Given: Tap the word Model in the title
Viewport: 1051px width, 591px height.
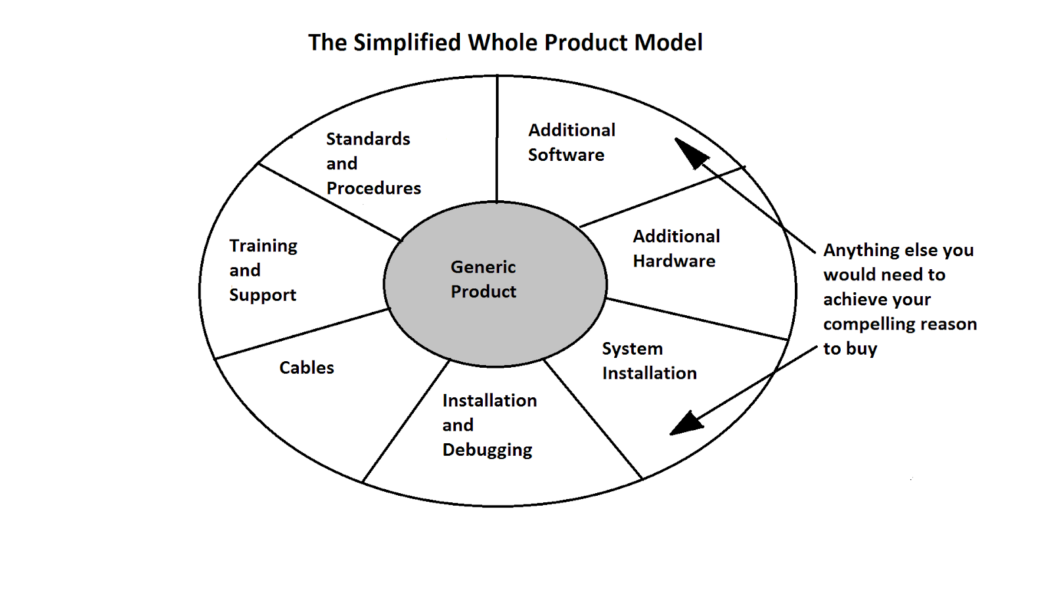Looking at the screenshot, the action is [668, 42].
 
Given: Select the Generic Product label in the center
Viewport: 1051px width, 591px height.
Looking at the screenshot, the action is [483, 280].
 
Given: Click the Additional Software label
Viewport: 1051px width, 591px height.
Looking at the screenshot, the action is [571, 142].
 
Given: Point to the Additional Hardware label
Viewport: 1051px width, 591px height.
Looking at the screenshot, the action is [676, 249].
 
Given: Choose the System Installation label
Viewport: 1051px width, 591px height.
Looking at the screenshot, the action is [650, 361].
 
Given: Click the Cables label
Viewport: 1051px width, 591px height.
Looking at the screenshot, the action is [306, 368].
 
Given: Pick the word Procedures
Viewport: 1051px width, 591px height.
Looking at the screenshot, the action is [374, 188].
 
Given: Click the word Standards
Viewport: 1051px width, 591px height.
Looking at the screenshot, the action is [368, 139].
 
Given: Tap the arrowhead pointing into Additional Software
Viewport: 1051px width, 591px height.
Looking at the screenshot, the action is [690, 152].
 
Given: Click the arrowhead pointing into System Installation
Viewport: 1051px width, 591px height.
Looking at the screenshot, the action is [686, 423].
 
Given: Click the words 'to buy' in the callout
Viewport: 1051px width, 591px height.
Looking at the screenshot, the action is [850, 349].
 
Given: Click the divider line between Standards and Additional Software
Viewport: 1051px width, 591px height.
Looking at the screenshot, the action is [497, 139].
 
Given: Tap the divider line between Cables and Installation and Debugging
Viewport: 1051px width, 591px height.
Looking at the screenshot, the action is [407, 421].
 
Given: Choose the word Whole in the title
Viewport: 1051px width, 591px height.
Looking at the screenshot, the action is [503, 42].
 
